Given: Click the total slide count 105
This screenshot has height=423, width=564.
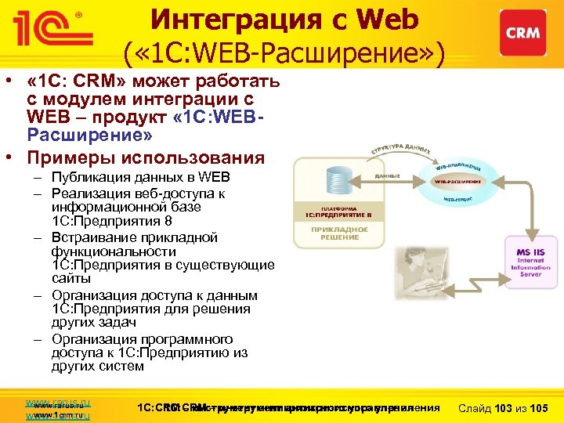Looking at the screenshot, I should [538, 407].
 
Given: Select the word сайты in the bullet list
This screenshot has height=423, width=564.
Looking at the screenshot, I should [71, 278].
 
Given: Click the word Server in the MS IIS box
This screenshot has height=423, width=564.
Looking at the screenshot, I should [526, 274].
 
